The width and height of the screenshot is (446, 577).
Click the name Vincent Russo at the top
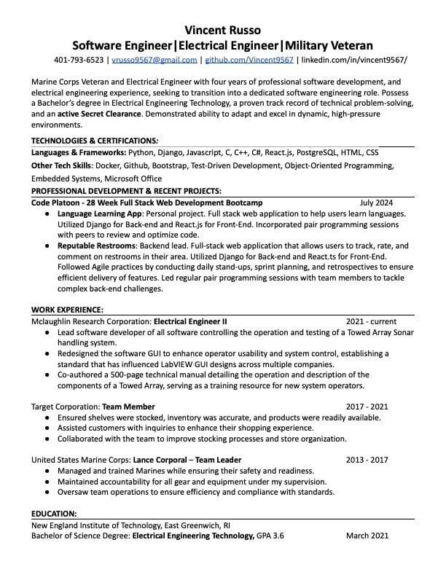click(x=222, y=29)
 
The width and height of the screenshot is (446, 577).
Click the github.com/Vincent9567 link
click(x=249, y=60)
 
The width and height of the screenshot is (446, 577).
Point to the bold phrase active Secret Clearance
click(x=100, y=114)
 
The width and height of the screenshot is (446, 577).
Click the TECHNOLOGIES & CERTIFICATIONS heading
click(x=95, y=140)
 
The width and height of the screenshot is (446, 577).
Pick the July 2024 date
click(x=376, y=203)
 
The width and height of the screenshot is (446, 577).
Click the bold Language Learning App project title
click(x=100, y=214)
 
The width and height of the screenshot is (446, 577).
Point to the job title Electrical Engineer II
click(x=191, y=321)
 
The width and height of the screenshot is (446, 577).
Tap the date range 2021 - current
click(x=371, y=321)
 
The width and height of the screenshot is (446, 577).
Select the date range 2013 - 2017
click(x=367, y=460)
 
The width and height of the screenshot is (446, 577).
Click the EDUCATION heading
click(x=54, y=514)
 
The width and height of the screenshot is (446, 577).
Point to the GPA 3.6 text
click(x=270, y=535)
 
